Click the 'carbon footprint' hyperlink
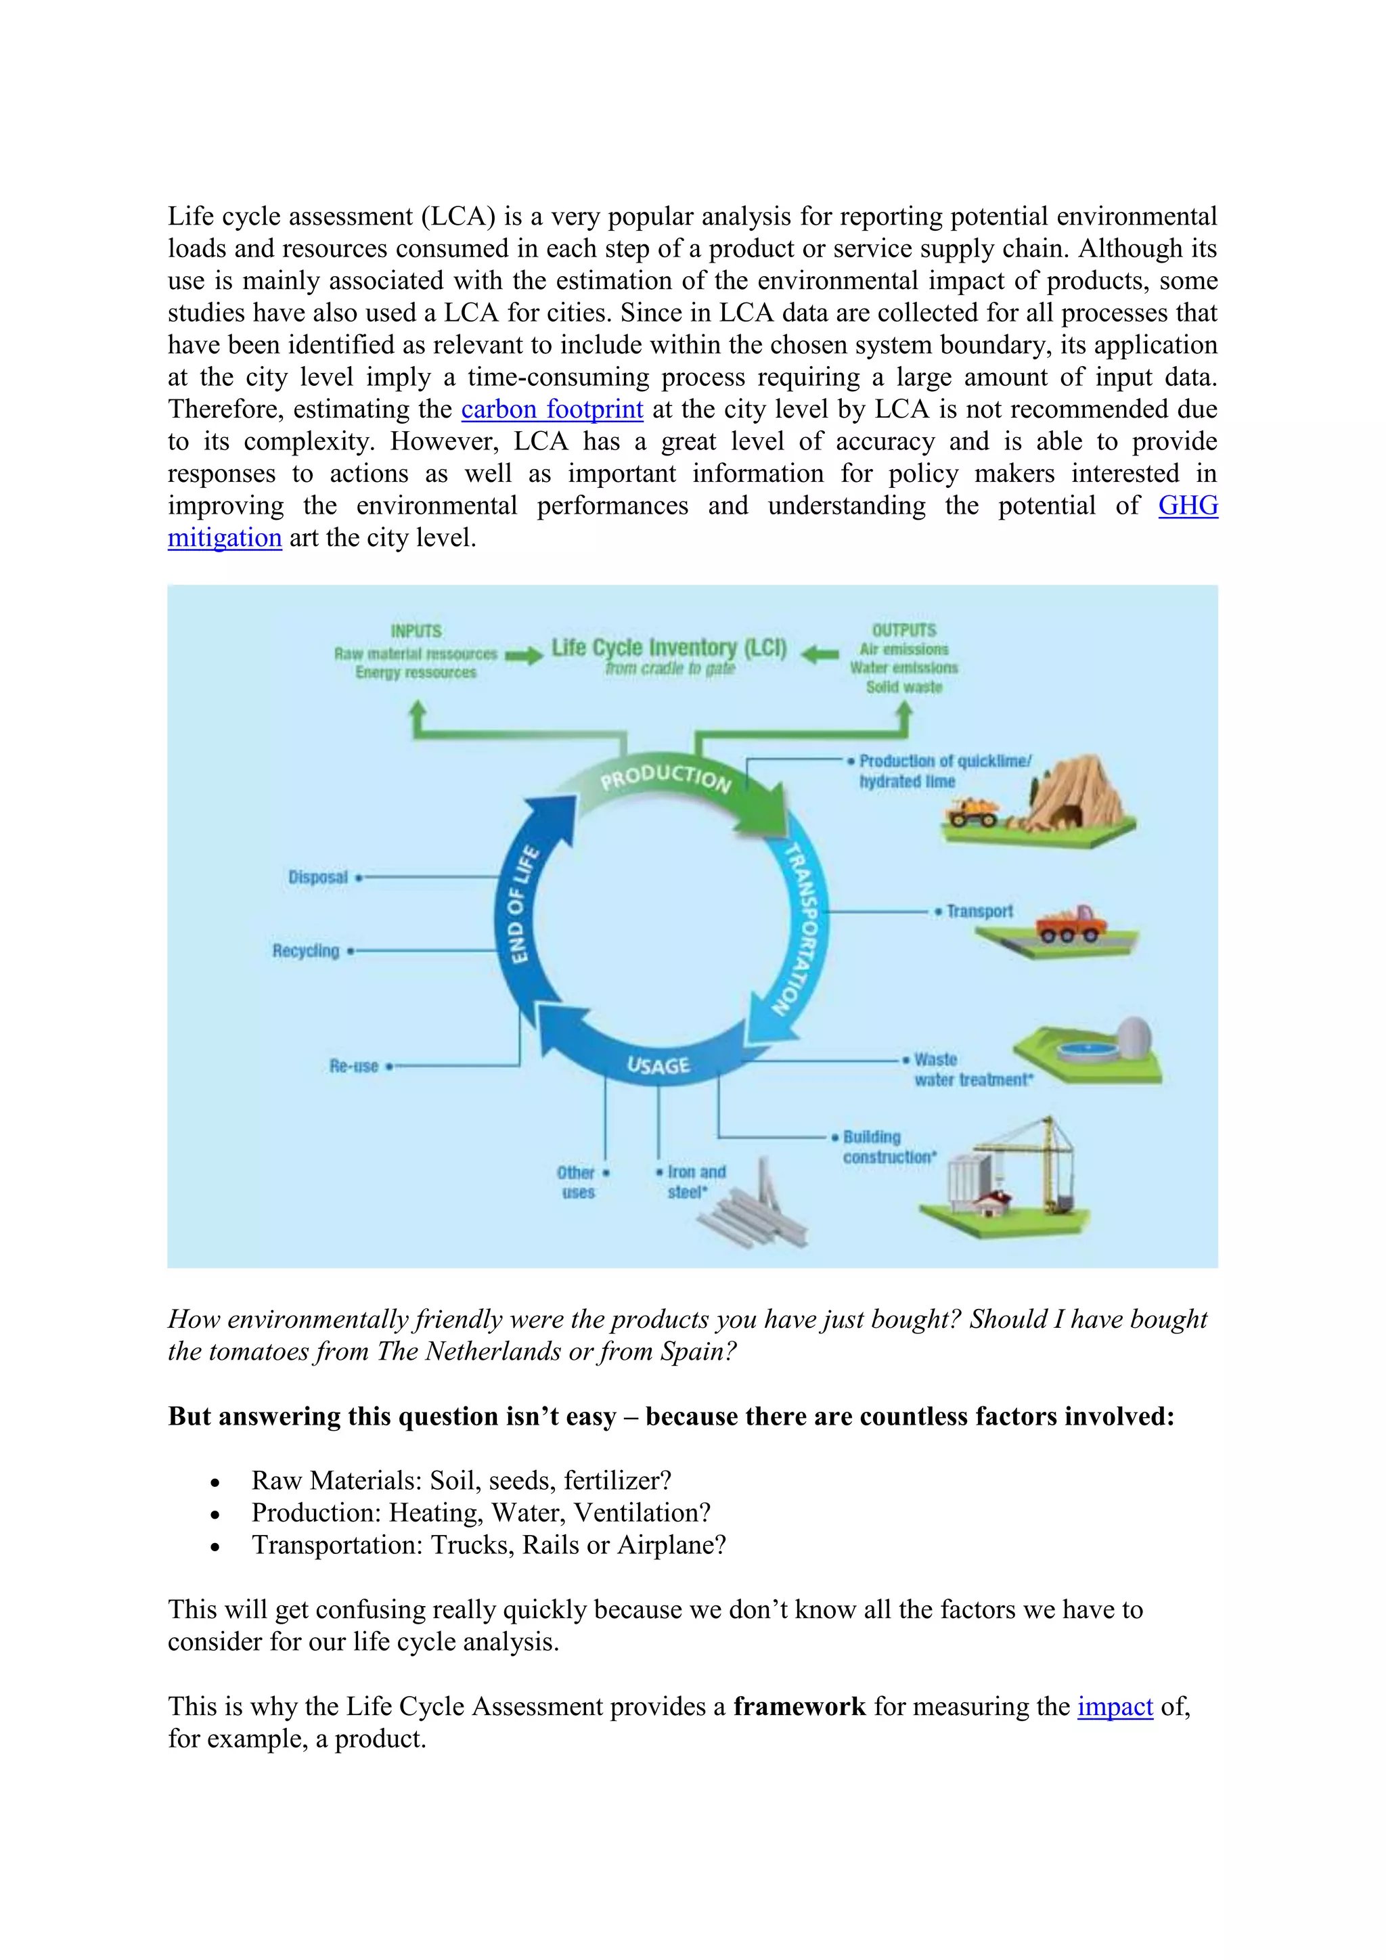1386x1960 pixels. tap(552, 409)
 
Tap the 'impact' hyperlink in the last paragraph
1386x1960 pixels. tap(1115, 1706)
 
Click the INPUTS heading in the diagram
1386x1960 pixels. tap(416, 631)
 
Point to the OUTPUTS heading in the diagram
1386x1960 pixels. tap(903, 630)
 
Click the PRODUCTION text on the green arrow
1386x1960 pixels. tap(666, 776)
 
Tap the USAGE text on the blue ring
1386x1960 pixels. tap(658, 1065)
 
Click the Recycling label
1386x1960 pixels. tap(305, 951)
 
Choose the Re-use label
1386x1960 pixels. tap(353, 1066)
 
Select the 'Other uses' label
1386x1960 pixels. tap(577, 1182)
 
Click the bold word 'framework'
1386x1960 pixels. tap(799, 1706)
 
